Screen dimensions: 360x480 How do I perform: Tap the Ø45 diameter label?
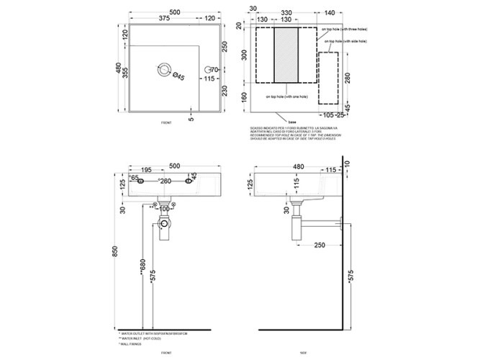tap(181, 77)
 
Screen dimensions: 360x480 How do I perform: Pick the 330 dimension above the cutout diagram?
tap(286, 13)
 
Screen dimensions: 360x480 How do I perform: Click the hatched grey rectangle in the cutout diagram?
tap(286, 55)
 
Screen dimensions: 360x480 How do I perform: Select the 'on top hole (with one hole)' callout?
tap(287, 96)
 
